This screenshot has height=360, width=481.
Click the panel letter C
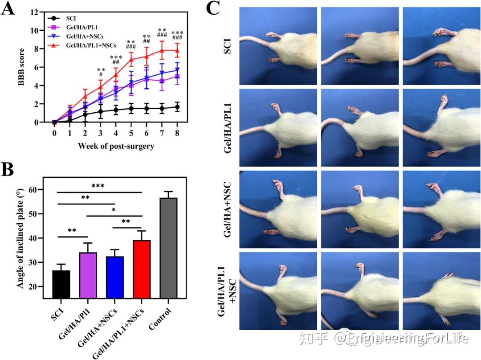click(x=213, y=8)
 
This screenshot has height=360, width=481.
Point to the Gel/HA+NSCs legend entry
click(x=84, y=36)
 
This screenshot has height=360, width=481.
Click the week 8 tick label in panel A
click(x=178, y=133)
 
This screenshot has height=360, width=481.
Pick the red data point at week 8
click(x=178, y=50)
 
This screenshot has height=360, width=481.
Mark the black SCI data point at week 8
click(x=178, y=107)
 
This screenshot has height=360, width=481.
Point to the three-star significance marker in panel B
click(x=99, y=186)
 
